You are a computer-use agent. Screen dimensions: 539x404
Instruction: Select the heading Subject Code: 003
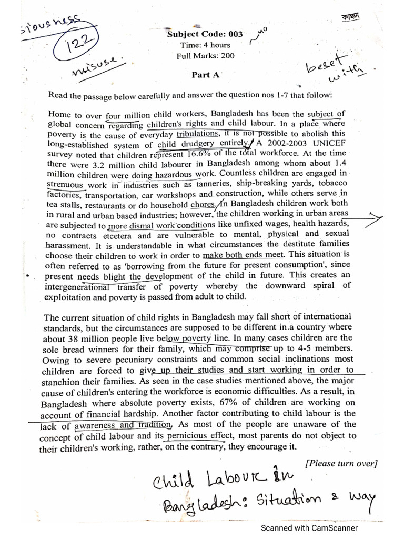tap(205, 34)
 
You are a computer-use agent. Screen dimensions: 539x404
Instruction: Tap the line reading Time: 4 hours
tap(205, 45)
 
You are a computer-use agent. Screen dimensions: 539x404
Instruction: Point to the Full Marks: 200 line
tap(205, 56)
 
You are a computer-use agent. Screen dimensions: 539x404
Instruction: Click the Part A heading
tap(205, 75)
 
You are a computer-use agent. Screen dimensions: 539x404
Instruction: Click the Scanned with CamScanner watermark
tap(310, 527)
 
